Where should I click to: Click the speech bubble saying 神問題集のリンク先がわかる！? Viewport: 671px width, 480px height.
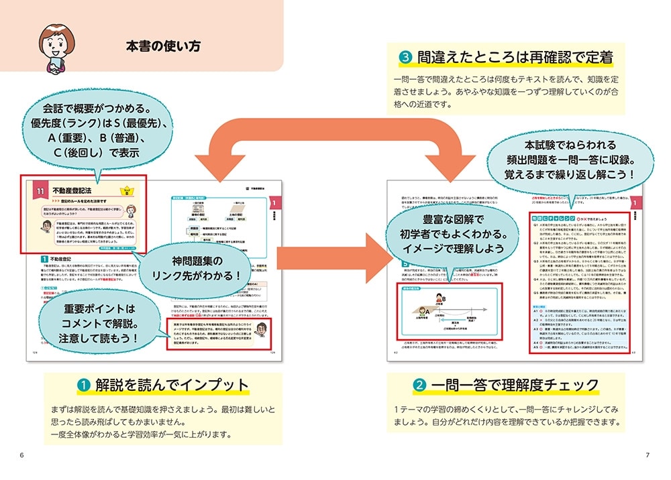(x=201, y=264)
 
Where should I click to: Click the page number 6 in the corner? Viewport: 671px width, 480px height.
(x=21, y=456)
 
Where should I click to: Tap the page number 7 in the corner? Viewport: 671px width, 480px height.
(x=648, y=456)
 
